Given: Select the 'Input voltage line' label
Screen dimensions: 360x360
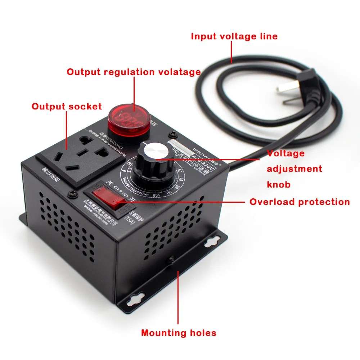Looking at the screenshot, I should tap(234, 36).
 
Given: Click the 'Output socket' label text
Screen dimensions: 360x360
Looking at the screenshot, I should tap(67, 107).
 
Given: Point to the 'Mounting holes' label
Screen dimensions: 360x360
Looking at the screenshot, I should tap(179, 333).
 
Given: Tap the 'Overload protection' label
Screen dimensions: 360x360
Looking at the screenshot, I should tap(300, 202).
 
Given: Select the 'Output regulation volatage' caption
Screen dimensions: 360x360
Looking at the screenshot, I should tap(134, 72).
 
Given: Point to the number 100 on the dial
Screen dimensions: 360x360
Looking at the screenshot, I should tap(157, 194).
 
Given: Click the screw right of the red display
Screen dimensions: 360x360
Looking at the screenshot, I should tap(174, 135).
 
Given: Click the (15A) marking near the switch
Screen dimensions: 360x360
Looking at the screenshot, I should tap(128, 217).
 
